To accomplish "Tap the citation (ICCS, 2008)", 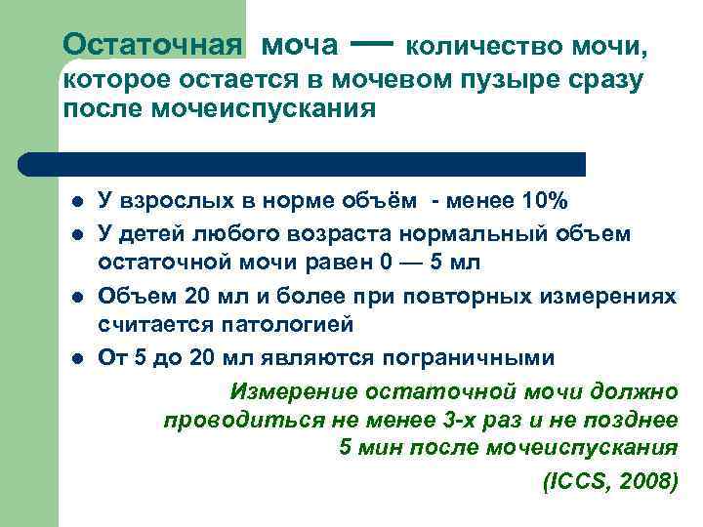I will [607, 481].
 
